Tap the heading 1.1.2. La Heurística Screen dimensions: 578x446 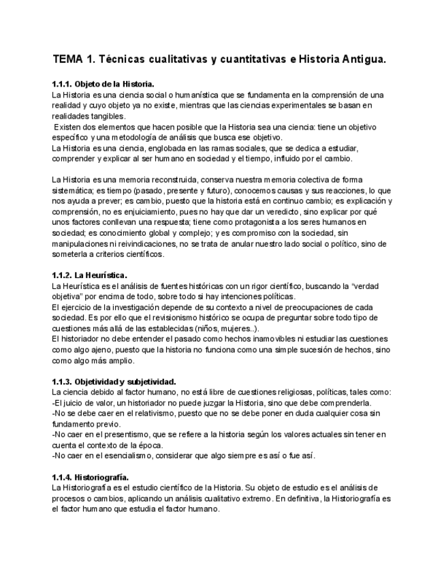pos(89,275)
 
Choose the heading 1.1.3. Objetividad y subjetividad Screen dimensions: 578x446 pos(114,381)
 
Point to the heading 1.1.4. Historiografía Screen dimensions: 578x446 pos(91,477)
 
